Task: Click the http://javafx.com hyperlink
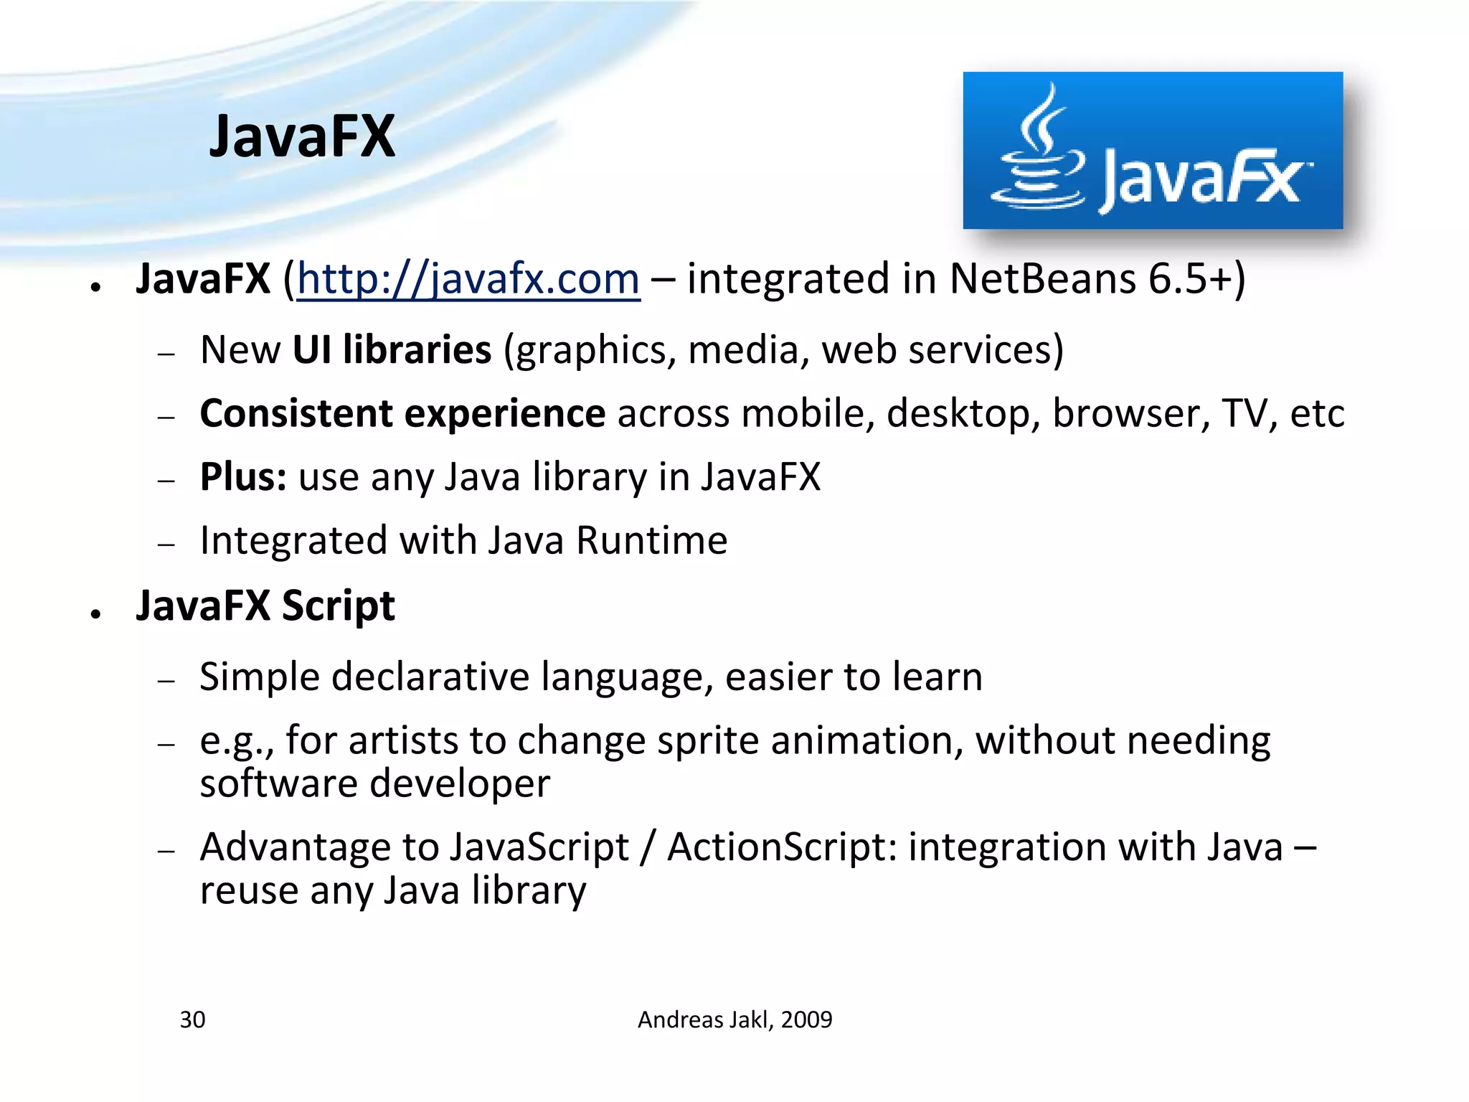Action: pos(468,278)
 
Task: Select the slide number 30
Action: pos(192,1019)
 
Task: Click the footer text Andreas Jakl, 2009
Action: pos(734,1019)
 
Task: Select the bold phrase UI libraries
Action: pos(392,349)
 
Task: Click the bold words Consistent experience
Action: pos(402,413)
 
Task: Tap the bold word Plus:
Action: pos(243,477)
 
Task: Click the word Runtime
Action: pos(651,540)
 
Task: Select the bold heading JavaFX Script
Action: pos(265,606)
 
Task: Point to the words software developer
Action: pos(374,783)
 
